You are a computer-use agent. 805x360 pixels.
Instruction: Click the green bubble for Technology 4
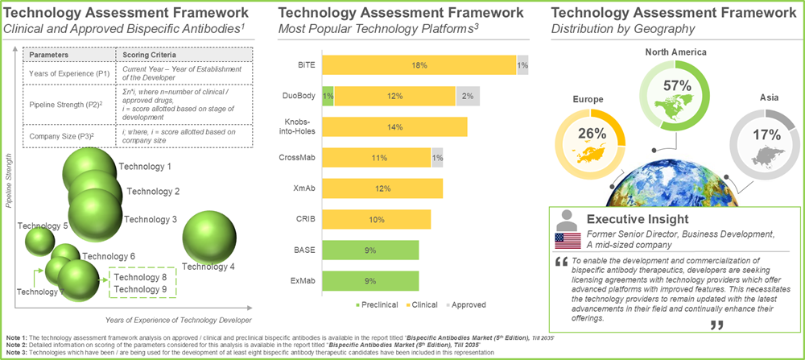211,239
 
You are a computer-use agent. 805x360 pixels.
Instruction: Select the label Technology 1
145,167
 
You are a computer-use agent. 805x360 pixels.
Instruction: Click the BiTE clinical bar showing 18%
419,65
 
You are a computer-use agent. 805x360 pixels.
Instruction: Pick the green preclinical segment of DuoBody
328,96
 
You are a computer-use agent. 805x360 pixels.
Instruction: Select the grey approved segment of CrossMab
437,158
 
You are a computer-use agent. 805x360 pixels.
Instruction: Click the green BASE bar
370,250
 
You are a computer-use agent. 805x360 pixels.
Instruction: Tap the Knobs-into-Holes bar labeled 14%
394,127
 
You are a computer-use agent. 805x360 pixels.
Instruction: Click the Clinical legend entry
414,305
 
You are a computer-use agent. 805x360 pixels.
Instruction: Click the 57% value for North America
675,86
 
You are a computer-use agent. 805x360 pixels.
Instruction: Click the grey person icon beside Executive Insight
567,219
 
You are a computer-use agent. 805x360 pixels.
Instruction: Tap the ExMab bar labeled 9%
370,280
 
